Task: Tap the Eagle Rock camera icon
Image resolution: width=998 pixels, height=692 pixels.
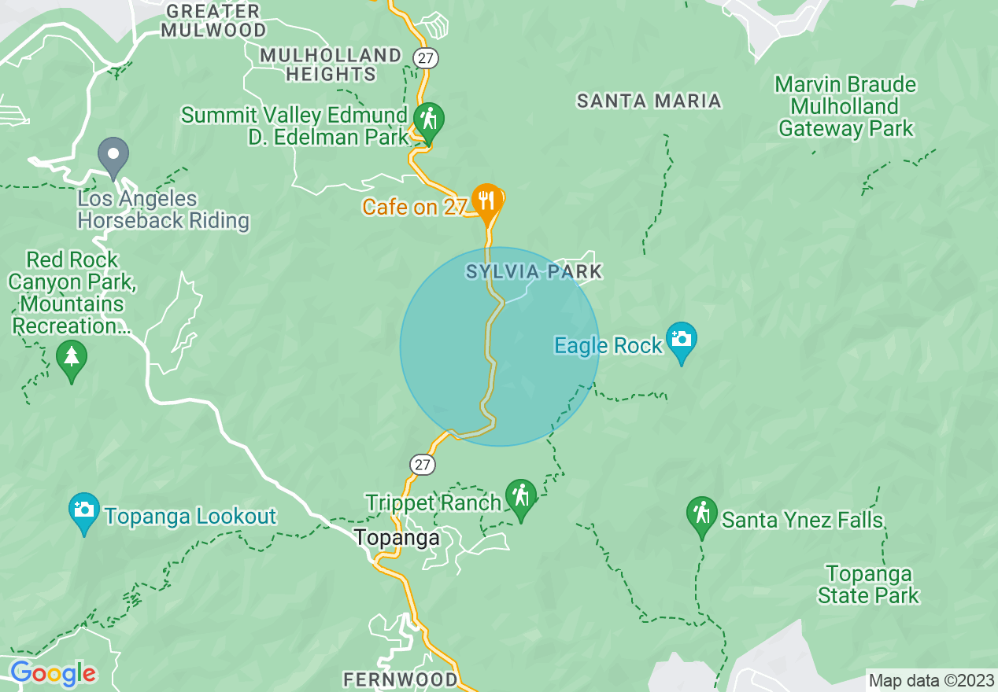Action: pyautogui.click(x=681, y=340)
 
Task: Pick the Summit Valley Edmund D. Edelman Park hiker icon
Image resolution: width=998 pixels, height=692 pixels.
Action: pyautogui.click(x=428, y=120)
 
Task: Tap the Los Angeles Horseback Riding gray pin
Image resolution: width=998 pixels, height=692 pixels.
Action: pyautogui.click(x=113, y=155)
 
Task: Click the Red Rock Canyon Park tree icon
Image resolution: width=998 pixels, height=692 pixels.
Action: pyautogui.click(x=72, y=358)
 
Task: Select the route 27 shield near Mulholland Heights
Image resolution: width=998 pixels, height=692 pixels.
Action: pyautogui.click(x=426, y=57)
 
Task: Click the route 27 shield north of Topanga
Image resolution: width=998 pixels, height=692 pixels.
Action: pyautogui.click(x=423, y=465)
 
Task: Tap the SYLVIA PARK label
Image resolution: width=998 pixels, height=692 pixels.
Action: pyautogui.click(x=534, y=272)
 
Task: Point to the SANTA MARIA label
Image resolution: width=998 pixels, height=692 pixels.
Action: pyautogui.click(x=649, y=101)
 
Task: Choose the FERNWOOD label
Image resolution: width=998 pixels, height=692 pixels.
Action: pyautogui.click(x=401, y=679)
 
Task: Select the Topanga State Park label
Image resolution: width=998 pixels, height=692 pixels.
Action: pyautogui.click(x=868, y=584)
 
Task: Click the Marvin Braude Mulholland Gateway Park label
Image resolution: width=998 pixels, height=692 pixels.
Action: pyautogui.click(x=846, y=106)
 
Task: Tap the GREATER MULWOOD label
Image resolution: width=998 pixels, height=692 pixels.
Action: pyautogui.click(x=214, y=21)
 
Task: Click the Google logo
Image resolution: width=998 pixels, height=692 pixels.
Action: pyautogui.click(x=53, y=673)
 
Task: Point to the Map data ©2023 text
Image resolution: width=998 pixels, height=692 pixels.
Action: pyautogui.click(x=931, y=680)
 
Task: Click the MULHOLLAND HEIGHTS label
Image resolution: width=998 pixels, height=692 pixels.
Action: pyautogui.click(x=331, y=64)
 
